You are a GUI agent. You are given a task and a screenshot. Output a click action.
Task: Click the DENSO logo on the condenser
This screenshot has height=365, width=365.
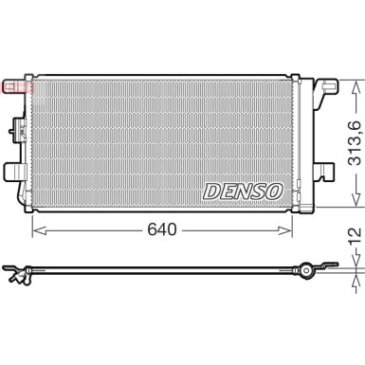(243, 191)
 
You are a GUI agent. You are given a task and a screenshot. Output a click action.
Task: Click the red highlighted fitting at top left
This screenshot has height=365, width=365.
(17, 87)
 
